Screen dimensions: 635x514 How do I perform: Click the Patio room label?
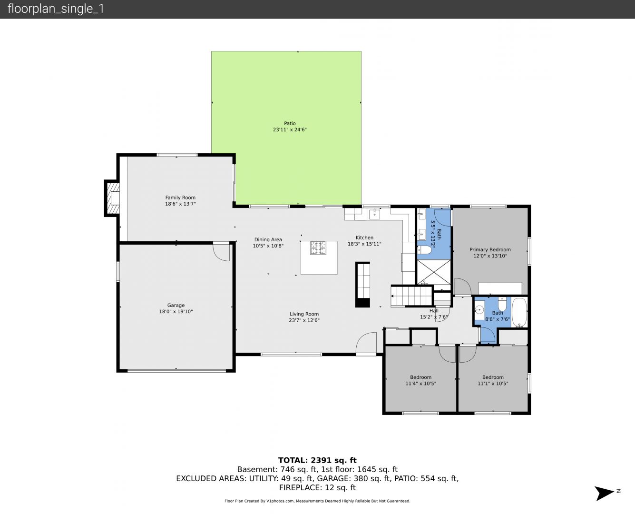290,123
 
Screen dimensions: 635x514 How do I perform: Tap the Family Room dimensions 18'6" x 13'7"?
180,204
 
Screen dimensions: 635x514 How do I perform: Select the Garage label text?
176,305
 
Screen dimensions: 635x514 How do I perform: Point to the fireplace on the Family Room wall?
112,198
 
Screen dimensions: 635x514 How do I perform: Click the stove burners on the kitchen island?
318,247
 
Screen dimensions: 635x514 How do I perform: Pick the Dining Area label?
268,239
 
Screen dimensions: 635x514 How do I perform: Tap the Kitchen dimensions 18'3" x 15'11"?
364,244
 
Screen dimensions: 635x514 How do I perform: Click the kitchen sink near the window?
374,214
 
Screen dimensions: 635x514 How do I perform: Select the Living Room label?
304,314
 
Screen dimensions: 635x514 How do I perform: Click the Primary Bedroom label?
490,249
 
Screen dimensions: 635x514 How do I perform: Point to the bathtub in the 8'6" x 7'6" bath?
519,312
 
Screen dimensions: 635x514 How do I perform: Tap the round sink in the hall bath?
479,310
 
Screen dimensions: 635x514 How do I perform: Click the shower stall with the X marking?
434,272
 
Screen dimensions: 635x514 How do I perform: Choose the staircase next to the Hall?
412,296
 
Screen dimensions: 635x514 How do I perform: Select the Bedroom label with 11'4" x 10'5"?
420,377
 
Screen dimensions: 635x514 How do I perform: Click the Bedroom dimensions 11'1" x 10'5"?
493,383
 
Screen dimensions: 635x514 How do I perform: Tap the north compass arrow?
604,493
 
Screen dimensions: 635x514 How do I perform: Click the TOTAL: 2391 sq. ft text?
318,460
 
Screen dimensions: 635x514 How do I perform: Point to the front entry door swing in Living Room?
366,343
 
